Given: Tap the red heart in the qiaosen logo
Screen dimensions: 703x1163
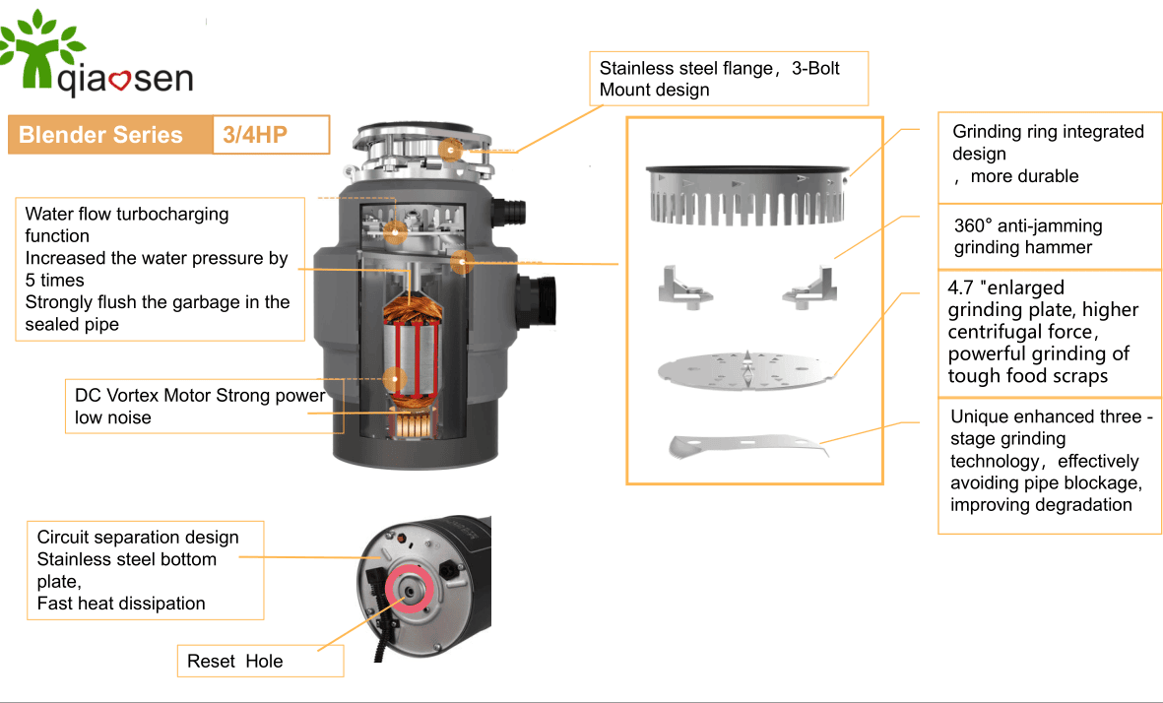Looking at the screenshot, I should pyautogui.click(x=121, y=81).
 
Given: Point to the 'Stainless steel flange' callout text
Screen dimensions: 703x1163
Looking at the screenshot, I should pyautogui.click(x=720, y=79).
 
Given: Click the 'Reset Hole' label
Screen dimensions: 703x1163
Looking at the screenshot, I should pyautogui.click(x=234, y=661).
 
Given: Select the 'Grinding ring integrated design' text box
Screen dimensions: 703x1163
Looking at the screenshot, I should pyautogui.click(x=1048, y=154).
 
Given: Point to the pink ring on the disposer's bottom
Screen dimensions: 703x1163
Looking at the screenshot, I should pyautogui.click(x=406, y=589).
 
